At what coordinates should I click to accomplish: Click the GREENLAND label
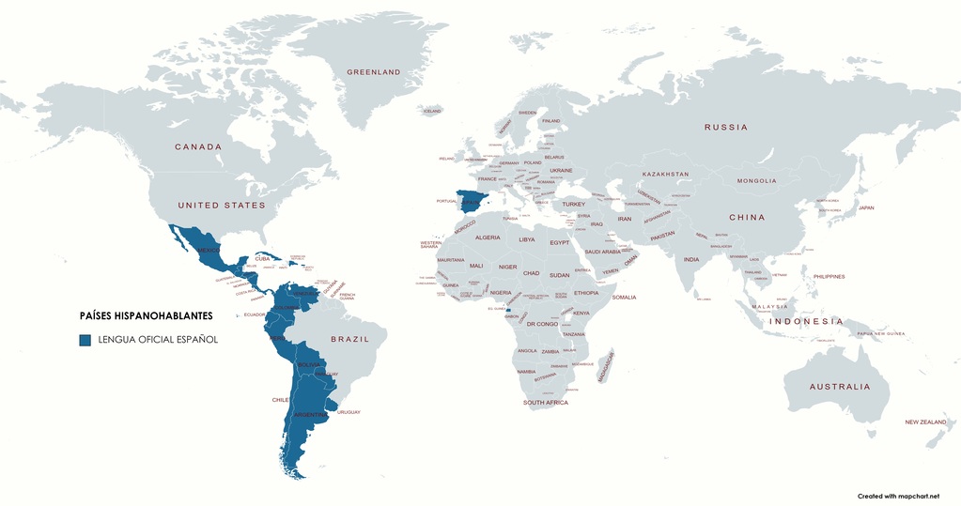tap(373, 72)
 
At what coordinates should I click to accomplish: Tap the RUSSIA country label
tap(726, 127)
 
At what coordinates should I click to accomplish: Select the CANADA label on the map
tap(198, 146)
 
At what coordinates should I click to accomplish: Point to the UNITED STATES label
tap(222, 205)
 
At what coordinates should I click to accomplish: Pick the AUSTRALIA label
tap(840, 387)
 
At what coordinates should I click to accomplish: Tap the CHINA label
tap(747, 218)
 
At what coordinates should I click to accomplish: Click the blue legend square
tap(85, 339)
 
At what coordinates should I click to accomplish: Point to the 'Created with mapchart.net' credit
tap(897, 495)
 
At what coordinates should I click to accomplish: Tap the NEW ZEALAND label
tap(925, 422)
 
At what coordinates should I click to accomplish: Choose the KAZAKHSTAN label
tap(665, 175)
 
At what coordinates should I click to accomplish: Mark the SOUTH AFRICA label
tap(546, 403)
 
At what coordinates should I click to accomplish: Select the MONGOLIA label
tap(756, 180)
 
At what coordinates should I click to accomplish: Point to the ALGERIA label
tap(488, 238)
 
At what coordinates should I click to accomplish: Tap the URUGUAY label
tap(349, 412)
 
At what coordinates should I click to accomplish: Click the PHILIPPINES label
tap(829, 276)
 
